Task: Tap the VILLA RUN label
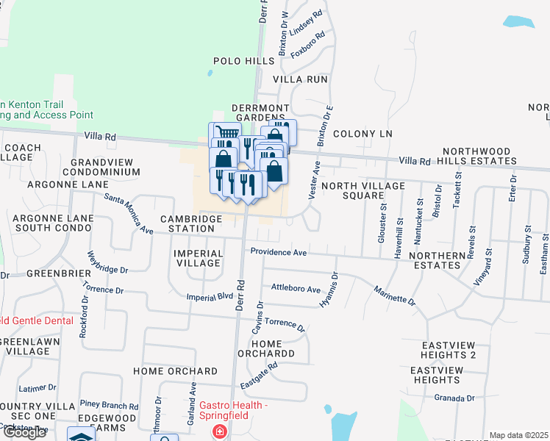click(x=300, y=79)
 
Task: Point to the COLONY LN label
click(x=362, y=134)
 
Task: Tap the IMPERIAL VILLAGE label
click(x=198, y=258)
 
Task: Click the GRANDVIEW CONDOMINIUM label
click(x=105, y=167)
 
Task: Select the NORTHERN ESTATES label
click(x=438, y=262)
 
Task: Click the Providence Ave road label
click(x=278, y=252)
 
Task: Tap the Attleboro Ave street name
click(x=296, y=289)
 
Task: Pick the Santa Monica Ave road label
click(x=129, y=214)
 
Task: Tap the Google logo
click(x=24, y=432)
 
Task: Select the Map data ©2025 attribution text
click(x=518, y=435)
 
